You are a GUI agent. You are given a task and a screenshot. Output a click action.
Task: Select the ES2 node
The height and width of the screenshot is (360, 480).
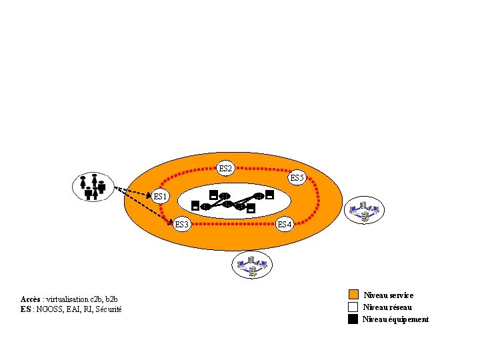pos(225,169)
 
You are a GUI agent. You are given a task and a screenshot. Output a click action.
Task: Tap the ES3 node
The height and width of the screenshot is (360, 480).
pos(182,224)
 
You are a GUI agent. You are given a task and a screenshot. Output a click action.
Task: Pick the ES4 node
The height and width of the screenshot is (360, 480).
pos(284,224)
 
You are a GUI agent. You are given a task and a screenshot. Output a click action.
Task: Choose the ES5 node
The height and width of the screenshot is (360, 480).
pos(297,178)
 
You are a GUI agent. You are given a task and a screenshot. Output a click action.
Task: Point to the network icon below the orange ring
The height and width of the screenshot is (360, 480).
pos(253,265)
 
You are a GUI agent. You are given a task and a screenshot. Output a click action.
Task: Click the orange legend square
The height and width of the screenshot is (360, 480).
pos(353,295)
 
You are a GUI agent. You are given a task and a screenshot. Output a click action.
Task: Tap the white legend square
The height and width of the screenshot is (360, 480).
pos(353,307)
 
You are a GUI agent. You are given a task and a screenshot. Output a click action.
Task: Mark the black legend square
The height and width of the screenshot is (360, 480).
pos(353,319)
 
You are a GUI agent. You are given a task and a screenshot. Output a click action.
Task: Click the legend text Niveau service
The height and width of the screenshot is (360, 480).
pos(388,295)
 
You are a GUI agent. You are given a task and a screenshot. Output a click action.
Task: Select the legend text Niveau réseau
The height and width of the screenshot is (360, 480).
pos(387,307)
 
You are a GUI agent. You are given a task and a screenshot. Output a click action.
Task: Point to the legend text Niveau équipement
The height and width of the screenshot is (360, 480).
pos(395,319)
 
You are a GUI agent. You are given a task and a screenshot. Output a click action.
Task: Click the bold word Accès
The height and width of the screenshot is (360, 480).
pos(31,299)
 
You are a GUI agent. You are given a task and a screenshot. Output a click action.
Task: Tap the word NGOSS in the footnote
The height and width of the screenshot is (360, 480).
pos(49,309)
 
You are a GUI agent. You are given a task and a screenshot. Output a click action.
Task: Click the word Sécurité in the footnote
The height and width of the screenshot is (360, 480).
pos(109,309)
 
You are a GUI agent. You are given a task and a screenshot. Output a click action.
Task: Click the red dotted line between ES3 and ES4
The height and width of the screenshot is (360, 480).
pos(233,225)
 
